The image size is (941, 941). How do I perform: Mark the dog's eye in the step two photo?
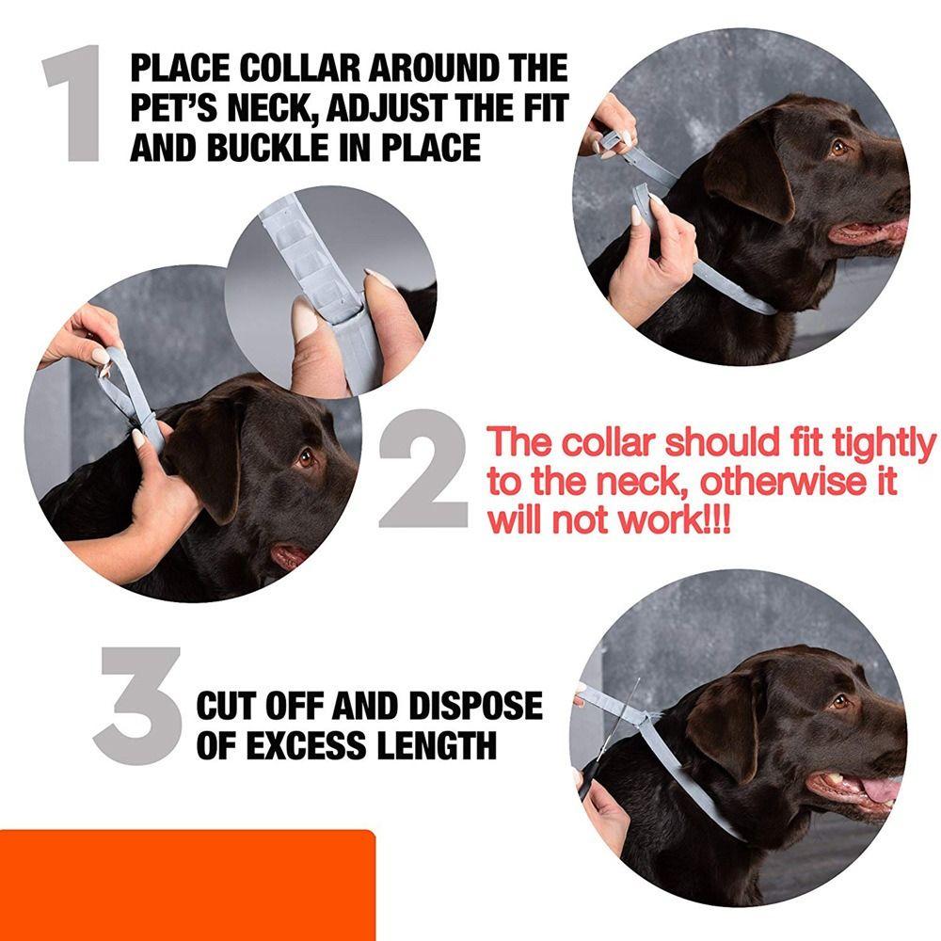tap(305, 458)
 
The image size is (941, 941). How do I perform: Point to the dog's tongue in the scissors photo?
tap(880, 789)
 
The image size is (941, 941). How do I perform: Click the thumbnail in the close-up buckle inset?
tap(305, 320)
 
